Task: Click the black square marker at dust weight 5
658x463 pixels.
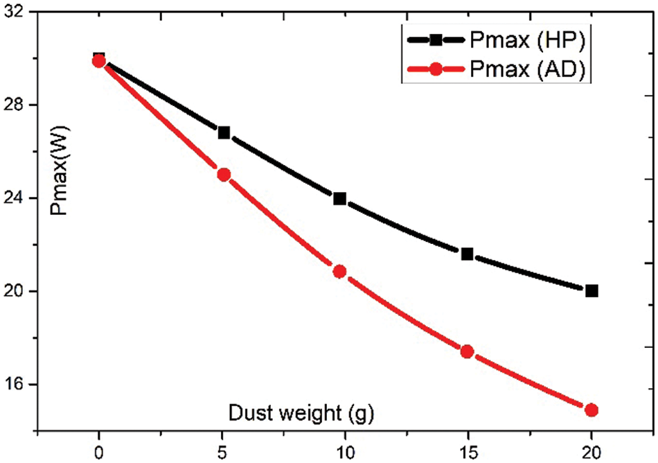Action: click(x=224, y=132)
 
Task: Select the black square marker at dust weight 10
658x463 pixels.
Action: click(x=339, y=198)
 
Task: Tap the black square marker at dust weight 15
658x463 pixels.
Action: click(x=467, y=254)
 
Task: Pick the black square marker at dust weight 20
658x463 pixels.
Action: click(x=592, y=290)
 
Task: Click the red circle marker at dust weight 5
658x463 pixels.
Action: click(x=224, y=175)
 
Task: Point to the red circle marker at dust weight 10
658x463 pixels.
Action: click(x=339, y=271)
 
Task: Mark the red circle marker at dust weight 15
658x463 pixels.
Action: click(x=467, y=351)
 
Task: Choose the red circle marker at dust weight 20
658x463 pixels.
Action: click(x=592, y=410)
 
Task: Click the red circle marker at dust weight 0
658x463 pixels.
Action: click(x=99, y=61)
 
